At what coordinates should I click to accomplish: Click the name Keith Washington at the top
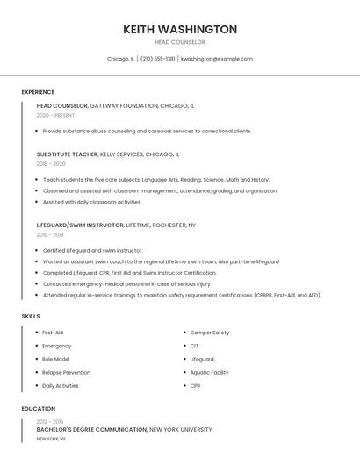pyautogui.click(x=180, y=29)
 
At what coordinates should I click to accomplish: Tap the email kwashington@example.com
pyautogui.click(x=217, y=59)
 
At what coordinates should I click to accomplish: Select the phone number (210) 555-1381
pyautogui.click(x=158, y=59)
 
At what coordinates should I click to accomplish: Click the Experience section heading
pyautogui.click(x=38, y=92)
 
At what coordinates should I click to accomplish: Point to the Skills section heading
pyautogui.click(x=31, y=316)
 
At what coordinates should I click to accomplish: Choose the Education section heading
pyautogui.click(x=39, y=409)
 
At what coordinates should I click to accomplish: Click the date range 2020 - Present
pyautogui.click(x=55, y=115)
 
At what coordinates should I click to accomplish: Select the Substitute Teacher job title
pyautogui.click(x=67, y=154)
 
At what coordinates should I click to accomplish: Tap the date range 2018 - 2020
pyautogui.click(x=51, y=164)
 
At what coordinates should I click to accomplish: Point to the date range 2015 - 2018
pyautogui.click(x=50, y=235)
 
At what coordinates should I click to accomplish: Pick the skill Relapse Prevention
pyautogui.click(x=66, y=373)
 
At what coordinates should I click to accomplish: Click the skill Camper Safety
pyautogui.click(x=210, y=333)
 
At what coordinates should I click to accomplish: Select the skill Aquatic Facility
pyautogui.click(x=209, y=373)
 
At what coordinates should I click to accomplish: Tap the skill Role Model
pyautogui.click(x=55, y=360)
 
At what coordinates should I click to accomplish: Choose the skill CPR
pyautogui.click(x=195, y=386)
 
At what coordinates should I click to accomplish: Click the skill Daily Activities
pyautogui.click(x=61, y=386)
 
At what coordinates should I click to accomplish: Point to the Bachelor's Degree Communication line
pyautogui.click(x=92, y=430)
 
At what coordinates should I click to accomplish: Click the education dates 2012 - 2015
pyautogui.click(x=50, y=421)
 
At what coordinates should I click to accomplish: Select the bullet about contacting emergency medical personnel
pyautogui.click(x=127, y=284)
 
